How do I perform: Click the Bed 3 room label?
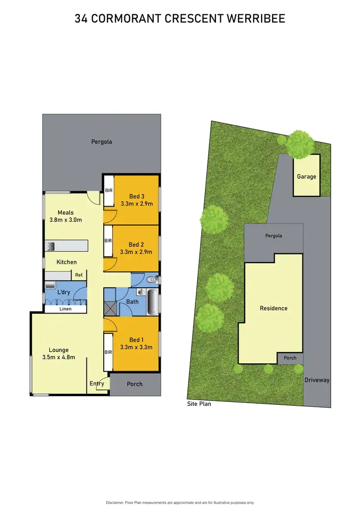pos(137,196)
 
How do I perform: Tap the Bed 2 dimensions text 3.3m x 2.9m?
pos(137,252)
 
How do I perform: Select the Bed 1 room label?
pos(137,340)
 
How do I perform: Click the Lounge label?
pos(59,350)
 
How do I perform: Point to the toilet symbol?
pos(152,279)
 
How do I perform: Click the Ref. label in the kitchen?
pos(79,275)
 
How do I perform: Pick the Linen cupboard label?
pos(65,309)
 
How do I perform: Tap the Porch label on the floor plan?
pos(135,384)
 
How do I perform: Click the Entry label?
pos(97,383)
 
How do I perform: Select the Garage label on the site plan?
pos(306,176)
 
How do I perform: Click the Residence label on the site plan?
pos(274,308)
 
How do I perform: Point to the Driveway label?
pos(317,380)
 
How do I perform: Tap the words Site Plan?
pos(199,404)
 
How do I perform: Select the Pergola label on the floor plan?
pos(102,142)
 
